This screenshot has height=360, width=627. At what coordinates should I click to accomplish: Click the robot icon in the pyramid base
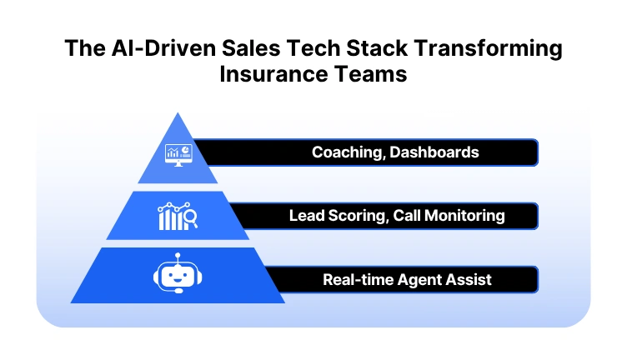coord(178,277)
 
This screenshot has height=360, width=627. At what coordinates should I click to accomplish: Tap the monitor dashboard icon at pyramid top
coord(178,154)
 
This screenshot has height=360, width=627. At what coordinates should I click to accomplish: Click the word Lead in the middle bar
coord(307,216)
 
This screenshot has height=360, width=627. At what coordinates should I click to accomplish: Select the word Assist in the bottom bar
coord(469,279)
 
